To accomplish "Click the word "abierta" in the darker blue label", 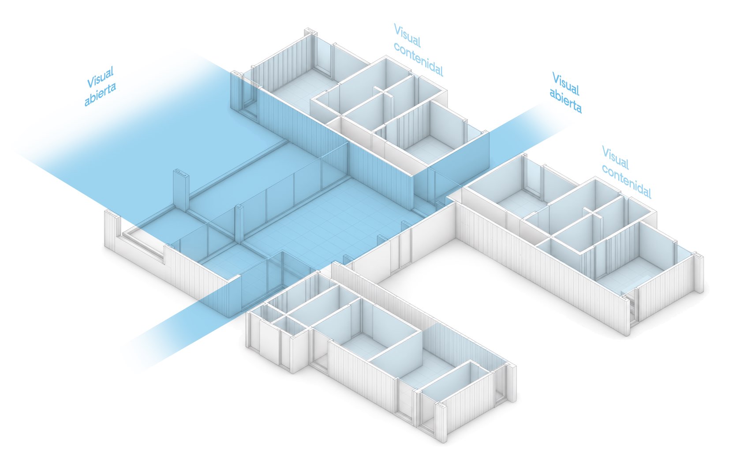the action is click(x=565, y=102).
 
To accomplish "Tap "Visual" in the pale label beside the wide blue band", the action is click(x=100, y=77).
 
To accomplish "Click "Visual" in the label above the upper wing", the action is click(x=407, y=35).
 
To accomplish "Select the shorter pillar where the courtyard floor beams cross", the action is click(x=239, y=224).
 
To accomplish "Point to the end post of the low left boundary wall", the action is click(x=111, y=229).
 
